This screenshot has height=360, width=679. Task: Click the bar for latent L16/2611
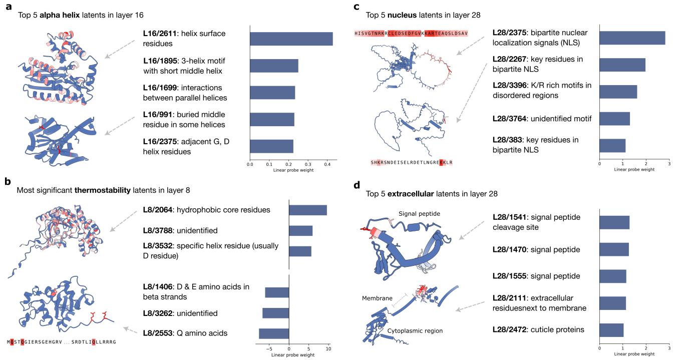[x=291, y=39]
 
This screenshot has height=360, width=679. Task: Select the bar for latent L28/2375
[x=632, y=38]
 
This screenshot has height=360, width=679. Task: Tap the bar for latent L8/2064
[x=308, y=210]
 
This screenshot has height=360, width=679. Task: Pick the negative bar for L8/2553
[x=274, y=333]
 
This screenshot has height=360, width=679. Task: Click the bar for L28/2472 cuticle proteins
[x=611, y=330]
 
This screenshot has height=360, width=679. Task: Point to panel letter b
[x=8, y=181]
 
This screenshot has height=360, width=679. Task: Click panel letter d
[x=357, y=185]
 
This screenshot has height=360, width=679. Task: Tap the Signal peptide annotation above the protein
[x=420, y=214]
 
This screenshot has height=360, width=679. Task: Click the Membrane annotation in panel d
[x=377, y=298]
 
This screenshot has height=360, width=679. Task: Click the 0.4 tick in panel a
[x=327, y=164]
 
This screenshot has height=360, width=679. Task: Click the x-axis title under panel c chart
[x=634, y=170]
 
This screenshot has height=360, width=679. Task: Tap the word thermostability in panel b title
[x=104, y=190]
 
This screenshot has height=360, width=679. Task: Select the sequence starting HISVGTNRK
[x=411, y=33]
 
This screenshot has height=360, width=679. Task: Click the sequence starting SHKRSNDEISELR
[x=411, y=163]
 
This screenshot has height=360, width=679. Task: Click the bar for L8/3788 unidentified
[x=301, y=231]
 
